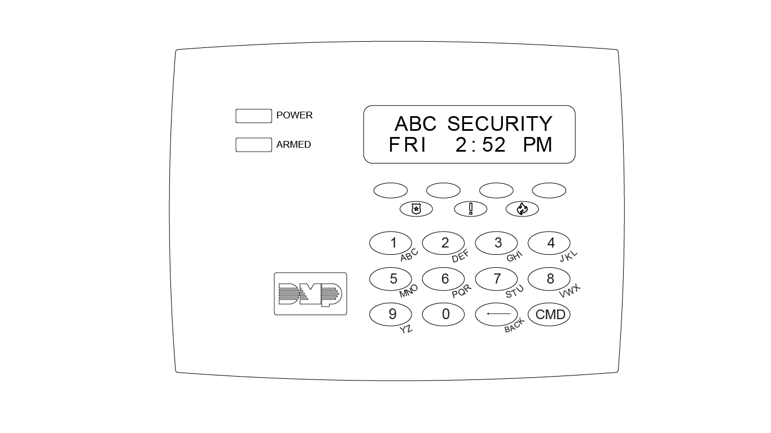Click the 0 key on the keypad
click(x=443, y=314)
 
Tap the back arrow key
click(x=496, y=314)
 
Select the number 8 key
click(x=549, y=279)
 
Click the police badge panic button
click(x=416, y=209)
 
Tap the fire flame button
click(x=522, y=209)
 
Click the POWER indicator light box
click(x=253, y=116)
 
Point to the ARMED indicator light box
click(x=253, y=145)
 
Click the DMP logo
click(x=310, y=294)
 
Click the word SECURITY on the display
click(x=500, y=124)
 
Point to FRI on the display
click(x=408, y=145)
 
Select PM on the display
click(x=537, y=145)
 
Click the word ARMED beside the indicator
click(x=293, y=145)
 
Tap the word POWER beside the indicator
click(x=294, y=116)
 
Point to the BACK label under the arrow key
click(x=514, y=326)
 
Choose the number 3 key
click(x=496, y=243)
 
